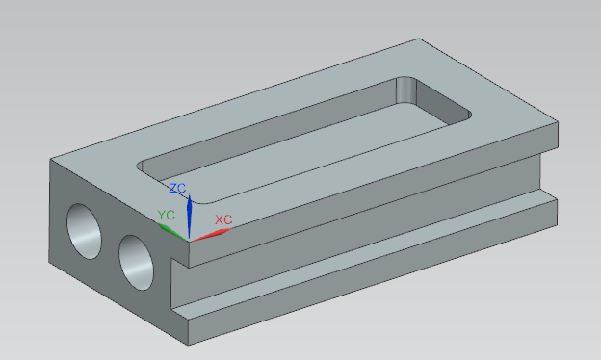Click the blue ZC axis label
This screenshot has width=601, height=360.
coord(177,188)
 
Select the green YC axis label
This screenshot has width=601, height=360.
coord(167,215)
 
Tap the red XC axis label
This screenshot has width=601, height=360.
coord(223,219)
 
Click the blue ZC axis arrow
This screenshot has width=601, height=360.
coord(189,217)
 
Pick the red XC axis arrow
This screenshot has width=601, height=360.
coord(212,234)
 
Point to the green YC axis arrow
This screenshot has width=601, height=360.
coord(172,232)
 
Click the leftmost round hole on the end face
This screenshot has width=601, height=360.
coord(85,231)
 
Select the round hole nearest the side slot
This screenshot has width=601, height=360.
coord(136,263)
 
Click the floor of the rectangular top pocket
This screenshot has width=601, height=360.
coord(306,153)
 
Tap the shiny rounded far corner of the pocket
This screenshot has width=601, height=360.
coord(405,90)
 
